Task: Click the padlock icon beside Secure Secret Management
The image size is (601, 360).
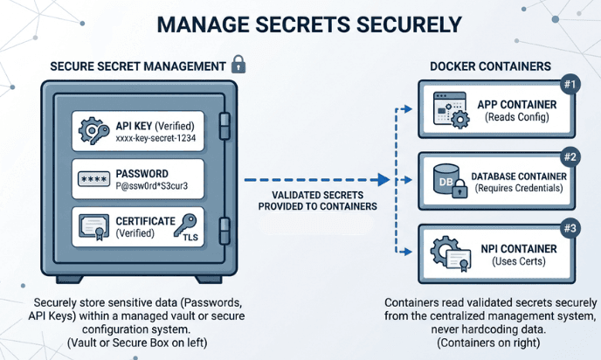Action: pos(238,66)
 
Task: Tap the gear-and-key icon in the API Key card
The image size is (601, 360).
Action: pos(93,132)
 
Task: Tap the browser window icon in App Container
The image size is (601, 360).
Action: pos(445,111)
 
